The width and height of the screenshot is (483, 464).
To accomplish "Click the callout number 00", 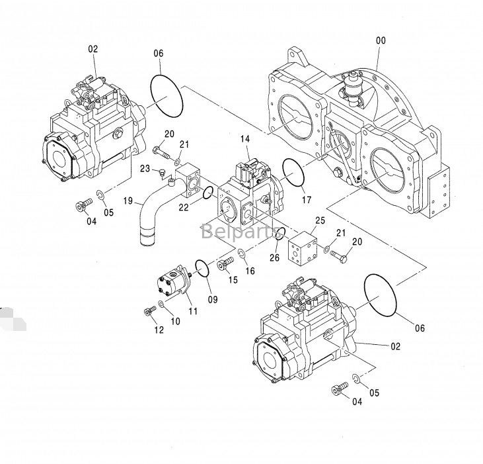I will tap(381, 40).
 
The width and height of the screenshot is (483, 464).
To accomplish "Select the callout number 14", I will tap(245, 140).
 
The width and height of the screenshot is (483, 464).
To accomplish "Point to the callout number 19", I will tap(128, 199).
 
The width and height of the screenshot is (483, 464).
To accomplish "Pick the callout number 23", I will tap(144, 169).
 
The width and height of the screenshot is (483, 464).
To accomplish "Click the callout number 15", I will tap(233, 280).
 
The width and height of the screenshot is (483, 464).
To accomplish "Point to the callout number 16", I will tap(250, 271).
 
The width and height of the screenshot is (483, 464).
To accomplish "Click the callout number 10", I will tap(175, 322).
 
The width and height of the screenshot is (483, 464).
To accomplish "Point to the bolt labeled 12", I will tap(149, 310).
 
